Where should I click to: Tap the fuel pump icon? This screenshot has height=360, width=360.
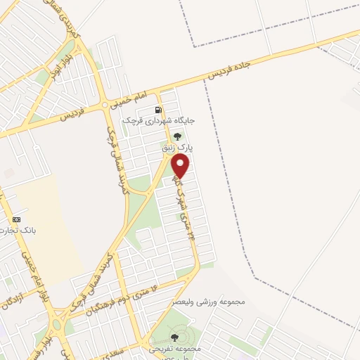158,110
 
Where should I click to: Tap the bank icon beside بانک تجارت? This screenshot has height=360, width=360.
16,219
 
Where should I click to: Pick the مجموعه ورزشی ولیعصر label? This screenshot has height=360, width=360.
212,302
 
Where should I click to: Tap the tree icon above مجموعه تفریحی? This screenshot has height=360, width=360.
174,338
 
